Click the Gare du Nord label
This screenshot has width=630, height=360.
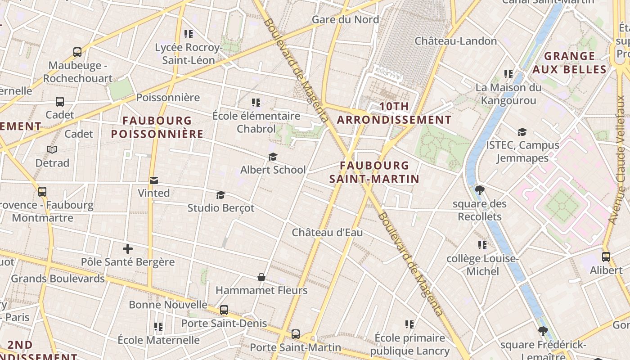[x=345, y=19]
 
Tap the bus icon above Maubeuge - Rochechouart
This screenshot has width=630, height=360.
[x=77, y=52]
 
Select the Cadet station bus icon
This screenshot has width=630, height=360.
[x=60, y=102]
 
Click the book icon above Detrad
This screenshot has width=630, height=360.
[x=52, y=149]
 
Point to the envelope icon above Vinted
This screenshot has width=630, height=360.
[x=154, y=180]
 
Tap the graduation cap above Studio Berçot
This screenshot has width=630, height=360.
[x=220, y=195]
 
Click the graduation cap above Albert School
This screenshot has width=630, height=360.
[x=273, y=157]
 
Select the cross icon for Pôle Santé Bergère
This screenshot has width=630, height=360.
[x=128, y=248]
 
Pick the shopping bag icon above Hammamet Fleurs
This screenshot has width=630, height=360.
[x=261, y=277]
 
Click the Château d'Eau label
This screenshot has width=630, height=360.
[x=327, y=233]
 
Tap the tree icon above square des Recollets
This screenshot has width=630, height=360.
[x=479, y=190]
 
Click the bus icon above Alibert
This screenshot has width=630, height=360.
[x=606, y=257]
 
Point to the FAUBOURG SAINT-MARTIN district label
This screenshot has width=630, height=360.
[x=374, y=172]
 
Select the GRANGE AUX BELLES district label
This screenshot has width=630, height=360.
[x=569, y=63]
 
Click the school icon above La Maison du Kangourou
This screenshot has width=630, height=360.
[x=508, y=74]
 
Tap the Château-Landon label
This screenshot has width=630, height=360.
[x=455, y=41]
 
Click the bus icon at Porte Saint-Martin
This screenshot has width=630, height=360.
[x=295, y=334]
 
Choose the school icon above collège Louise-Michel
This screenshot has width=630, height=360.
[x=482, y=245]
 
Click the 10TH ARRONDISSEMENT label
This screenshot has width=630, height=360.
[x=394, y=113]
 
